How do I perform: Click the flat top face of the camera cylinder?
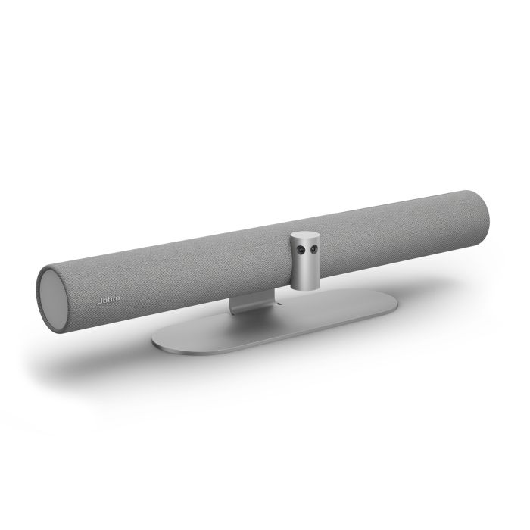pos(305,236)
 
